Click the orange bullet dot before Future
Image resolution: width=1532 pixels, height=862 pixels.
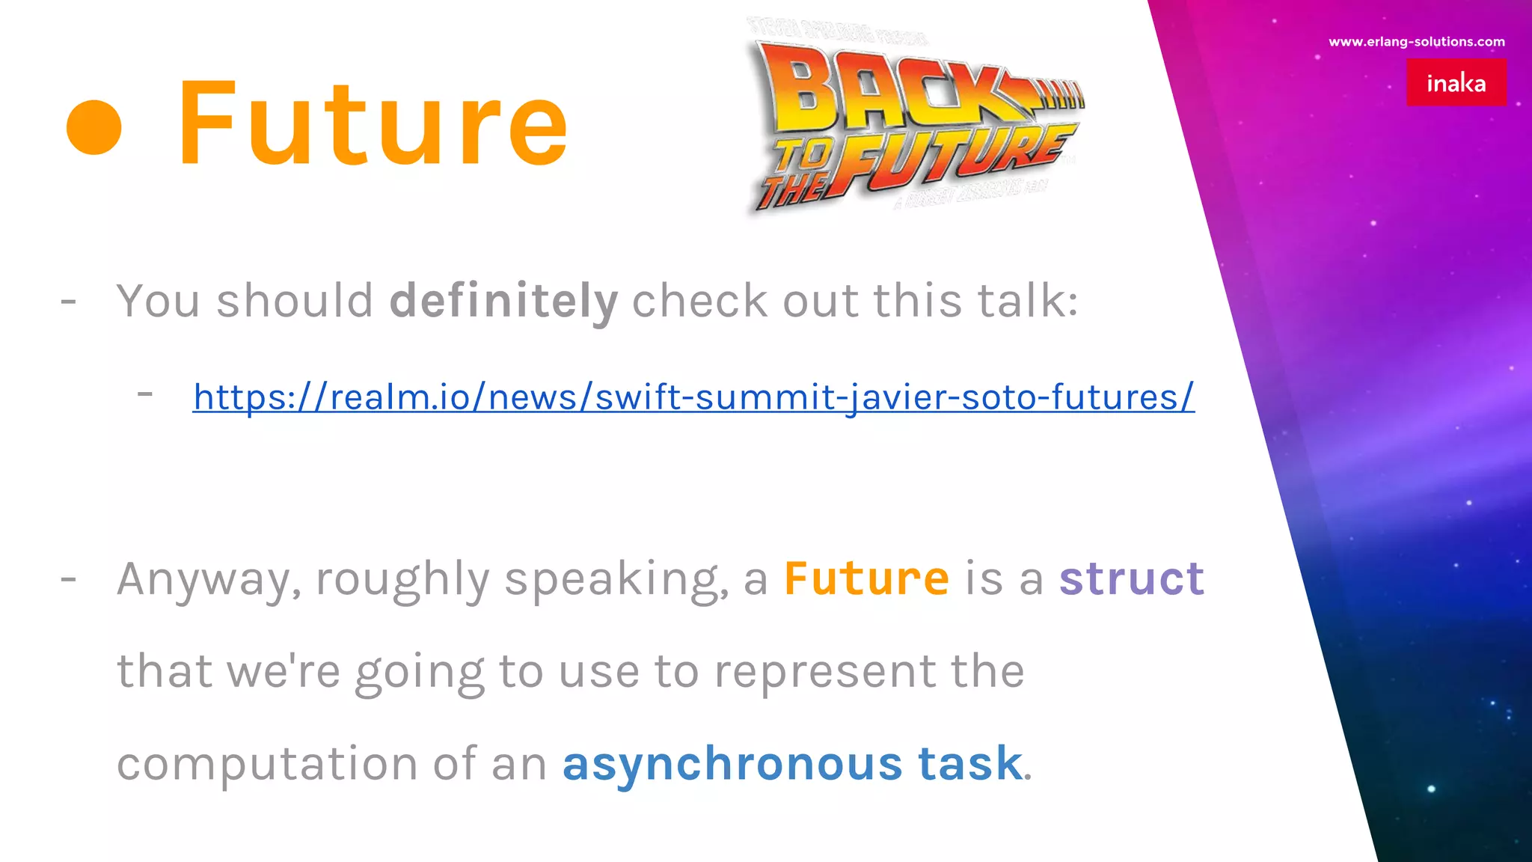94,126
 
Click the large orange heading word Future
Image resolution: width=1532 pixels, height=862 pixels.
372,123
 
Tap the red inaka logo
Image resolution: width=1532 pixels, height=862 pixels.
1456,82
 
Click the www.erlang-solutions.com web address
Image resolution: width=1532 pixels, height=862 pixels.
1416,42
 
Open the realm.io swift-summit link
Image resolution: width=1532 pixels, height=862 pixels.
693,397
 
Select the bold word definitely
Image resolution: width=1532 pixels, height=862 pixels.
503,301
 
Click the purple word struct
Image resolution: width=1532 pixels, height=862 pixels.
1131,578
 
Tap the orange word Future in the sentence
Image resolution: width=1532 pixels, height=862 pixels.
866,578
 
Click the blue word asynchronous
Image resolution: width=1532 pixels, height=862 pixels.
732,764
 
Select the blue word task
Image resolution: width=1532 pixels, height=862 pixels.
969,764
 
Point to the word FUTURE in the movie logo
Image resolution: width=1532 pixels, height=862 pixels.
950,161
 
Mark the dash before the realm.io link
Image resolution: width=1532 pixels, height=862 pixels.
145,394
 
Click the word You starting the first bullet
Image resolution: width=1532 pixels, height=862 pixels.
158,301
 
